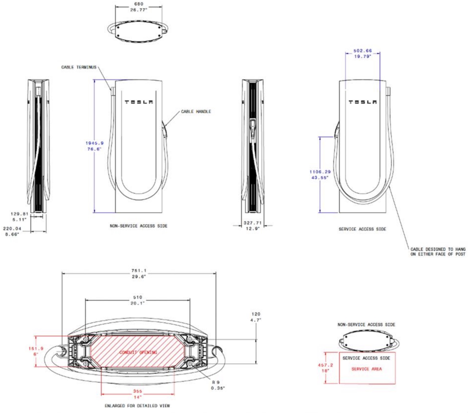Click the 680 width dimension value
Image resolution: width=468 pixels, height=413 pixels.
tap(138, 4)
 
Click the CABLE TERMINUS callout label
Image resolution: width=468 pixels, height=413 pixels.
tap(79, 67)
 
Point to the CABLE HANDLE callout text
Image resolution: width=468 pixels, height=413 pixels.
tap(196, 112)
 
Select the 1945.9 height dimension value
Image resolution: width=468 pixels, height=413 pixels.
tap(94, 143)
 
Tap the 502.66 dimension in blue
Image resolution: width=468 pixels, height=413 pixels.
tap(363, 51)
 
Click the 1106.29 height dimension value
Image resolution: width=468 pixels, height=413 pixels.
tap(320, 172)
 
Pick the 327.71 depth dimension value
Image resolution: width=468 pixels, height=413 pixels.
tap(252, 223)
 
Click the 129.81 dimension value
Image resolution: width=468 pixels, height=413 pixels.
tap(19, 214)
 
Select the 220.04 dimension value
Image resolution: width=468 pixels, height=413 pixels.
tap(12, 229)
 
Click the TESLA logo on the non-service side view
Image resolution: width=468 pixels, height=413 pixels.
tap(139, 102)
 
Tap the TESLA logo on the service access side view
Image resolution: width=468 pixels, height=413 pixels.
tap(363, 102)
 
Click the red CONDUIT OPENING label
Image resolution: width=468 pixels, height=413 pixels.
tap(138, 352)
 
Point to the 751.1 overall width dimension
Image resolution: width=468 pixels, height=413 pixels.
tap(139, 271)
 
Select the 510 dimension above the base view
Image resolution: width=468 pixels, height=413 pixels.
tap(138, 297)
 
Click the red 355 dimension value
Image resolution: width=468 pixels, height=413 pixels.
tap(138, 391)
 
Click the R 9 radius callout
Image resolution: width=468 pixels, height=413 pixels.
tap(216, 382)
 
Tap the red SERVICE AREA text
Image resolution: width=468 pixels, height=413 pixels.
tap(366, 369)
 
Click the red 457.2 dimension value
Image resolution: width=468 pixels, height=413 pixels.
tap(325, 365)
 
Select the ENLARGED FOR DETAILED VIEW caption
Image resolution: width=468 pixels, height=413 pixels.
tap(137, 406)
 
